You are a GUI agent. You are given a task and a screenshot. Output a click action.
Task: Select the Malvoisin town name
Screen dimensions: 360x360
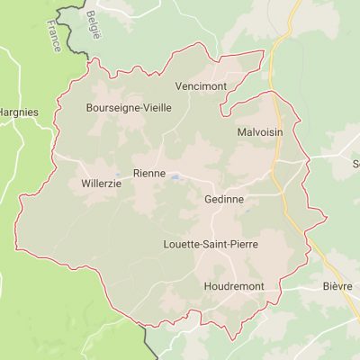(x=261, y=132)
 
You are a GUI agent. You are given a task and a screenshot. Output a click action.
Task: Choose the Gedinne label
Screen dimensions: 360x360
(x=224, y=199)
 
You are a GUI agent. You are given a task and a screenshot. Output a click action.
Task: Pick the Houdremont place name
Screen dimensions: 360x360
(x=215, y=286)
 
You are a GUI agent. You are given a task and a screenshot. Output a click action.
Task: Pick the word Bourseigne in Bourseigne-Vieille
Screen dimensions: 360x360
(x=112, y=107)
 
